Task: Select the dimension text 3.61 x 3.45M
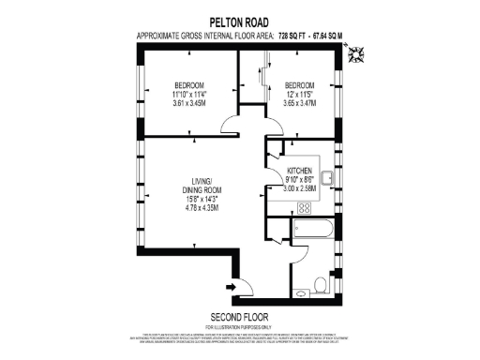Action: tap(189, 103)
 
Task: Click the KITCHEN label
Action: tap(300, 171)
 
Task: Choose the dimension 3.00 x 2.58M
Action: tap(300, 188)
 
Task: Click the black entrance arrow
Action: tap(231, 286)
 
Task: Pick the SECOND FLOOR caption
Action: tap(239, 316)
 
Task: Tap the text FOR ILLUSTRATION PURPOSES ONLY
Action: tap(239, 326)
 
